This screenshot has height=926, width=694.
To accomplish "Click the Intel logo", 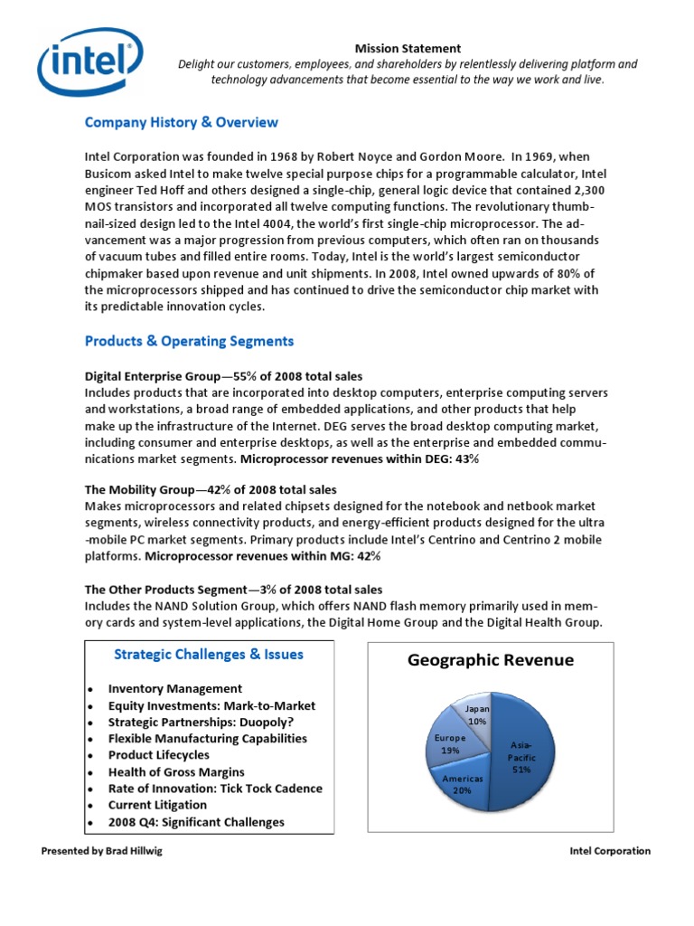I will click(x=89, y=63).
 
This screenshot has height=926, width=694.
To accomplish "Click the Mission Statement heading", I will click(x=407, y=48).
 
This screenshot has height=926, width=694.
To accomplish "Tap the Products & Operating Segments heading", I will click(x=189, y=341).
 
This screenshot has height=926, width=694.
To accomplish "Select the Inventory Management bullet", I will click(x=174, y=688).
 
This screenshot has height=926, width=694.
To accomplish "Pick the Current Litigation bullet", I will click(x=157, y=804).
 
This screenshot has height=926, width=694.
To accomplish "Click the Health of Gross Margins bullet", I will click(x=176, y=771).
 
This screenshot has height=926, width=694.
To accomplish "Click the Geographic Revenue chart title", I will click(x=490, y=660).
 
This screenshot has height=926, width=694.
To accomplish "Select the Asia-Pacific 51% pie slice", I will click(x=519, y=755).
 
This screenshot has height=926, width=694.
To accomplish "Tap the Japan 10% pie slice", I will click(x=477, y=714).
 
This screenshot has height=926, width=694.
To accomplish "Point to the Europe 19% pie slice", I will click(x=450, y=743).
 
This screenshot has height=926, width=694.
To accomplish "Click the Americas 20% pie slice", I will click(x=463, y=783).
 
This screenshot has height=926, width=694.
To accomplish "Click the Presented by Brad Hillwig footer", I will click(x=102, y=851).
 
